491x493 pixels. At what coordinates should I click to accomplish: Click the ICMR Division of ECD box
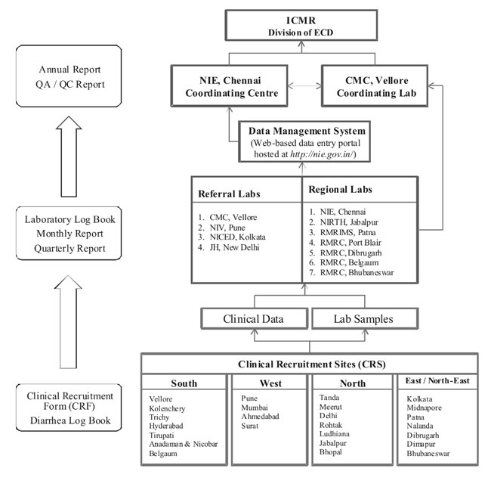[301, 25]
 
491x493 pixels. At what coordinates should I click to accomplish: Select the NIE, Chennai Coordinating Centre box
[230, 86]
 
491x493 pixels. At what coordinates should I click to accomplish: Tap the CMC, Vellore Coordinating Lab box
[375, 86]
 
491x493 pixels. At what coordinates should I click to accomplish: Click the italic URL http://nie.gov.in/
[322, 154]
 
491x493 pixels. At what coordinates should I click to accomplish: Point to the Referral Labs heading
[229, 194]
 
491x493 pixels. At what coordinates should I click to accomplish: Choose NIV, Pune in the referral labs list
[227, 228]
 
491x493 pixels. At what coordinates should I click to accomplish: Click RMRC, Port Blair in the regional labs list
[350, 243]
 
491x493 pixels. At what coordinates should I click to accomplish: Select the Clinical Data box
[254, 319]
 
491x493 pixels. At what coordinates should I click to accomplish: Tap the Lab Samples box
[365, 319]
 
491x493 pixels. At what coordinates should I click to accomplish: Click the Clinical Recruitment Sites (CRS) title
[312, 364]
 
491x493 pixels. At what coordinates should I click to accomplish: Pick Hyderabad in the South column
[166, 426]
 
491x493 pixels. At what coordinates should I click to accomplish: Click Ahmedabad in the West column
[260, 417]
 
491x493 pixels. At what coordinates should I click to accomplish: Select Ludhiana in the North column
[334, 434]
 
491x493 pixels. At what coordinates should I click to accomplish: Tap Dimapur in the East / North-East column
[421, 444]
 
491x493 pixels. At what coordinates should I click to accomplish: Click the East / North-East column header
[437, 381]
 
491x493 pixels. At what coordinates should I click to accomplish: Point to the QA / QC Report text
[70, 84]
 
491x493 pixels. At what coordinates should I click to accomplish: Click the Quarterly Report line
[69, 248]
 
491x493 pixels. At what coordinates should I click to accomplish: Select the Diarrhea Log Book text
[70, 420]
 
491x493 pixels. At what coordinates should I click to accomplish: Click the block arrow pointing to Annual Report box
[69, 157]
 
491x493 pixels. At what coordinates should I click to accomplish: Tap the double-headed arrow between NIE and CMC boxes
[304, 85]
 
